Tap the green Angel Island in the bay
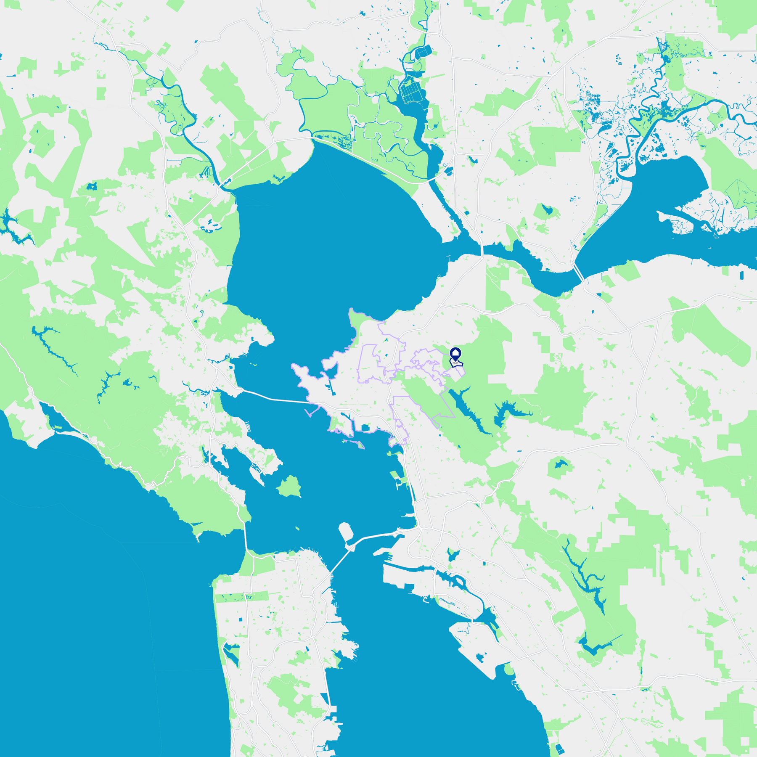click(289, 487)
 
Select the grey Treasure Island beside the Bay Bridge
click(346, 532)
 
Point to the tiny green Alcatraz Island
click(297, 528)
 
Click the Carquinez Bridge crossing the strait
click(482, 251)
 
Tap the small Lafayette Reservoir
click(559, 465)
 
